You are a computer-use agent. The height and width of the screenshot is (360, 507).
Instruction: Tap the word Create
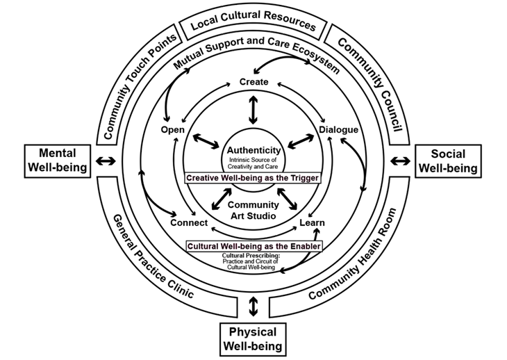click(253, 82)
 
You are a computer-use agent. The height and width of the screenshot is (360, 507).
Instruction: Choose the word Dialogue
click(338, 129)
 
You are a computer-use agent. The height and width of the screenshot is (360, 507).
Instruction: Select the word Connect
click(188, 222)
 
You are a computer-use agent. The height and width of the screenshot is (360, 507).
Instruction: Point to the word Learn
click(313, 222)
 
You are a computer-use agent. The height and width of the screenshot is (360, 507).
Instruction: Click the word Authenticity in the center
click(253, 150)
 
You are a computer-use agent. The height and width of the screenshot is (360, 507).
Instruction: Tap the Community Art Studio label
click(253, 210)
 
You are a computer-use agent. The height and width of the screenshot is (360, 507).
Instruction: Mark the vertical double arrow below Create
click(253, 109)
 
